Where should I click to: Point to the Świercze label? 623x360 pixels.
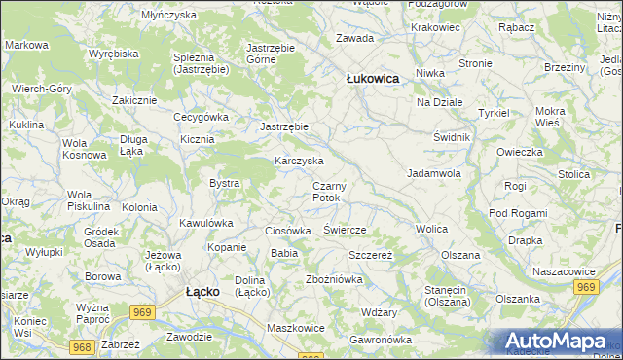click(x=344, y=230)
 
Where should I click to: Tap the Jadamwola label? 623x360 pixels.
click(x=433, y=173)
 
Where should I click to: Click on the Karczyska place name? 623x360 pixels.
click(x=299, y=161)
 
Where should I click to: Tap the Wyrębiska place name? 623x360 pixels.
click(x=113, y=54)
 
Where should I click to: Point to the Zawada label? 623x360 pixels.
click(x=354, y=38)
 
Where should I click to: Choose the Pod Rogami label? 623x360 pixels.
click(x=518, y=213)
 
